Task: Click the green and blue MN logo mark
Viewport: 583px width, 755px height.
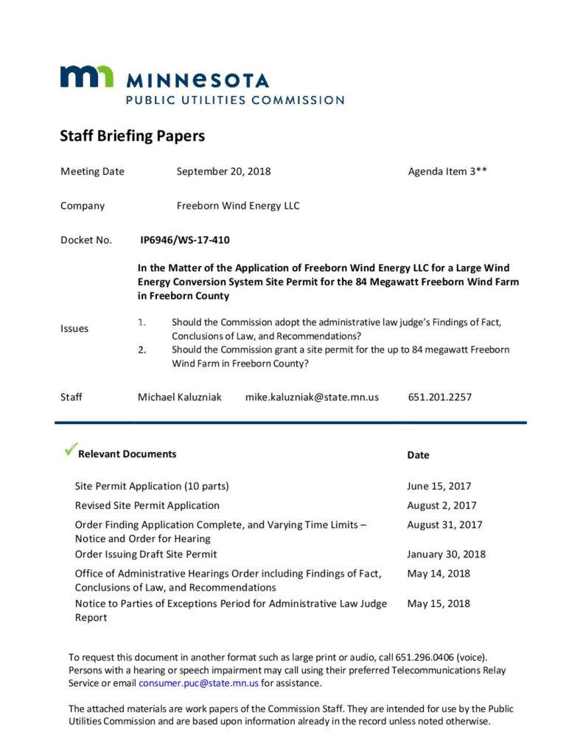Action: [87, 77]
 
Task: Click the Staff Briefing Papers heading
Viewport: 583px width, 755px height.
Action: [132, 136]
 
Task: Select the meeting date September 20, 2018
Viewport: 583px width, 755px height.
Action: [223, 172]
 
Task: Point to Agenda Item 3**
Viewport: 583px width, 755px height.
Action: [447, 172]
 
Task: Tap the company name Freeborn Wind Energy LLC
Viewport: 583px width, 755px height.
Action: [238, 206]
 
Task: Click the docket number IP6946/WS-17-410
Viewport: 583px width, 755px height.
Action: [189, 240]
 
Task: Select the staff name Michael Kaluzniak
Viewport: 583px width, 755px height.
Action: [179, 397]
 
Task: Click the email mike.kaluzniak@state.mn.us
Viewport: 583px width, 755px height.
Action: [312, 397]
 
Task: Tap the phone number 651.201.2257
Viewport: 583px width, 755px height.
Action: [440, 397]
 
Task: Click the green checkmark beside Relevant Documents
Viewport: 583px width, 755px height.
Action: [71, 448]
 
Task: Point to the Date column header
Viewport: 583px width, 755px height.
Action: [418, 455]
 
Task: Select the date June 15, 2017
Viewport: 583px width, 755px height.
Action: [439, 487]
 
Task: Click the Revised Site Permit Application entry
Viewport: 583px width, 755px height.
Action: [147, 506]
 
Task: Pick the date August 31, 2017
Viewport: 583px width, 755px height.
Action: [444, 525]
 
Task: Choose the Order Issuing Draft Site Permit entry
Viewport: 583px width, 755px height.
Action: [146, 554]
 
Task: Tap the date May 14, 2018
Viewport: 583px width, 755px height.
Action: [439, 574]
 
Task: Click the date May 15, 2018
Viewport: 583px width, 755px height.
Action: [439, 604]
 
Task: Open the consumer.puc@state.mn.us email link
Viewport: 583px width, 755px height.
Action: [187, 683]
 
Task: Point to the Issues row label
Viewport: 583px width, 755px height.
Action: [74, 329]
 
